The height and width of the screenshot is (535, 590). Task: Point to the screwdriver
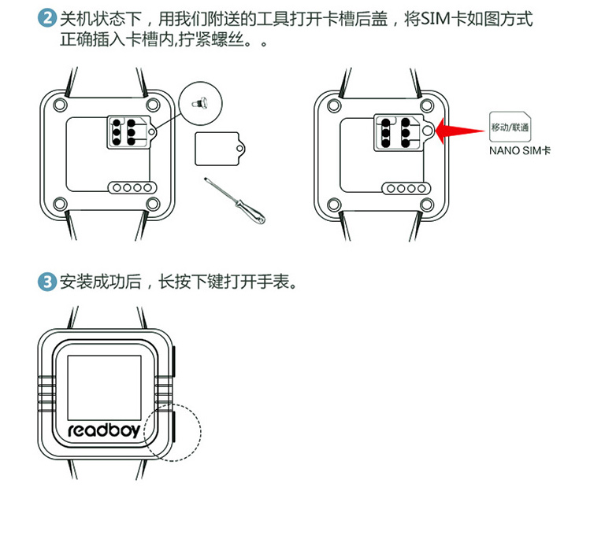236,201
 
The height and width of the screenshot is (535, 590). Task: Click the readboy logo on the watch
105,432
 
